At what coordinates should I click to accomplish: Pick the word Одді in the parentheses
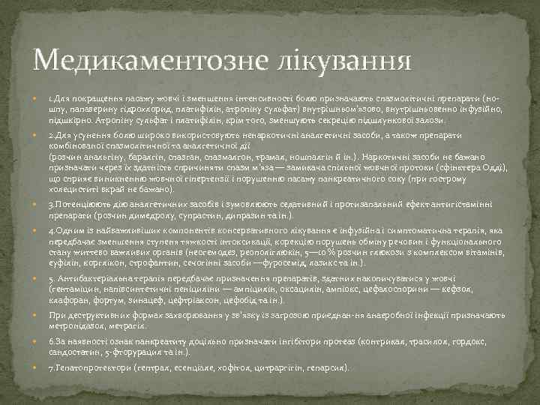pos(493,169)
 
